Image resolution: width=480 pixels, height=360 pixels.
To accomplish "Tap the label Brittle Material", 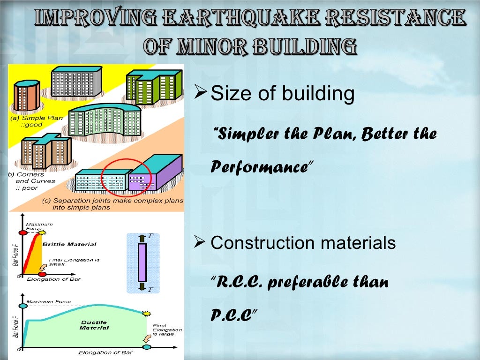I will click(69, 244).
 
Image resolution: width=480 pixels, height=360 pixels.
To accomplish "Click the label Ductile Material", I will click(94, 325).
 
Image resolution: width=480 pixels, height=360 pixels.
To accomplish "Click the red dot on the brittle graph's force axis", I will click(22, 232).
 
